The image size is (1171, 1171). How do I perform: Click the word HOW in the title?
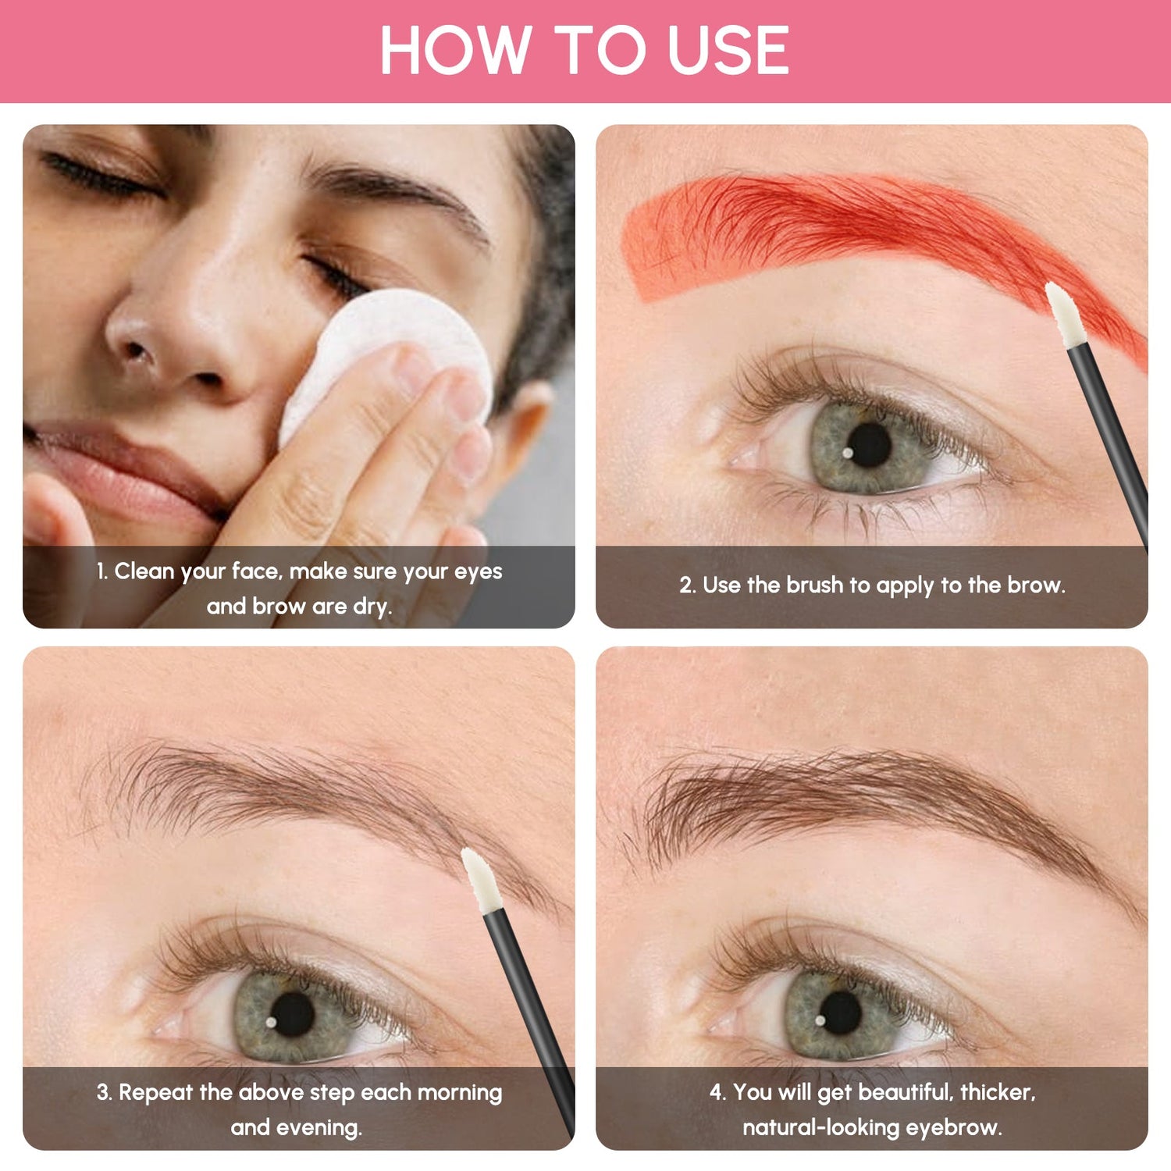point(454,51)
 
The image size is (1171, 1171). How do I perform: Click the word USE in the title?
point(728,51)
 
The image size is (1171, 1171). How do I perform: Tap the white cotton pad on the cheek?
point(390,343)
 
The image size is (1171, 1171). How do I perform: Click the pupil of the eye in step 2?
point(869,445)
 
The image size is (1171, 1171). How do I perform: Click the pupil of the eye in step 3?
point(292,1014)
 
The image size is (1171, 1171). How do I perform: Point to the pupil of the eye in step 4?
point(841,1013)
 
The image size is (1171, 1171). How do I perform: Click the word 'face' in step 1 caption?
point(254,571)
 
